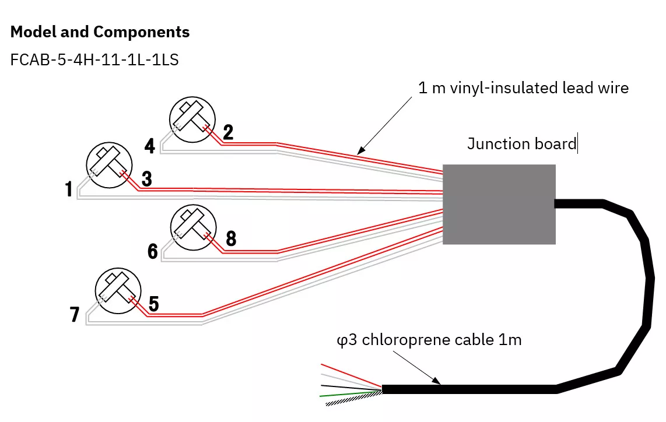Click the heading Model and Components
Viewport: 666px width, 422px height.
point(100,32)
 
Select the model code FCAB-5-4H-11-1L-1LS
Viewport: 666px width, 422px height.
point(94,60)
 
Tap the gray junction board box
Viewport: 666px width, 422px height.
point(499,204)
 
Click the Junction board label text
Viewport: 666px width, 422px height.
point(521,144)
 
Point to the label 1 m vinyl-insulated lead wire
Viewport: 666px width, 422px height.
point(523,88)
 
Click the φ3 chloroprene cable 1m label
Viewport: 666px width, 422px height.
point(429,340)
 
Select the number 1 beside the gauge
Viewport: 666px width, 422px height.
point(69,189)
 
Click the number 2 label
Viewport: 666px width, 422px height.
point(228,132)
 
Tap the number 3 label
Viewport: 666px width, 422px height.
point(146,180)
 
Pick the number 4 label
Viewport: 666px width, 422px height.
point(150,146)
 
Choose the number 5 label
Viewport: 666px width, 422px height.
point(153,304)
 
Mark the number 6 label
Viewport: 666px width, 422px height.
point(153,252)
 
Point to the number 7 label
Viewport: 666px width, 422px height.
point(74,315)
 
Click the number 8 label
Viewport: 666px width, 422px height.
point(230,238)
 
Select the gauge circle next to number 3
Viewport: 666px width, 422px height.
point(108,166)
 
